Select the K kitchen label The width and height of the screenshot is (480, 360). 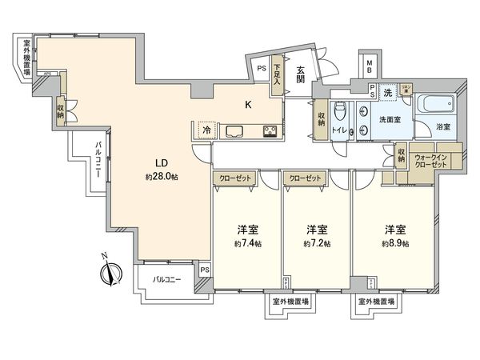(x=248, y=104)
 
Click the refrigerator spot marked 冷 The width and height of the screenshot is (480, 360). (x=206, y=130)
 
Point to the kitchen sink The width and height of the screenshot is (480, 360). (x=236, y=130)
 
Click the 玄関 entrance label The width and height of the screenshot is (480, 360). (x=300, y=74)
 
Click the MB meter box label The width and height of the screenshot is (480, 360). (x=370, y=66)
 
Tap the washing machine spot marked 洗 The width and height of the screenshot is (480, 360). (x=386, y=93)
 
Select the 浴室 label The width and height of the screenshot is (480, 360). (x=442, y=126)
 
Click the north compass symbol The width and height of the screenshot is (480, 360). (x=110, y=271)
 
